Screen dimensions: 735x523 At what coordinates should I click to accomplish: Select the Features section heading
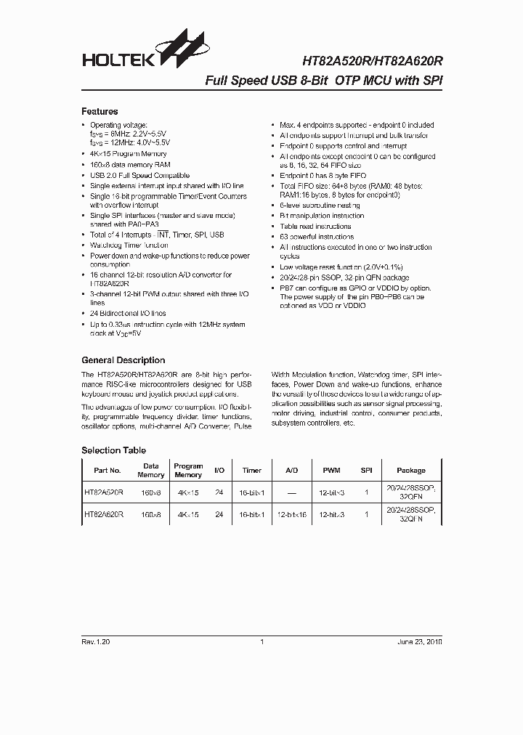(x=100, y=112)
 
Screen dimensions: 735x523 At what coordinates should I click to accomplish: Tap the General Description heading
(x=123, y=360)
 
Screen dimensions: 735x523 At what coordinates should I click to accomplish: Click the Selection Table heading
(x=113, y=450)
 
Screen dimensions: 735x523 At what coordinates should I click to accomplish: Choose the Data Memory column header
(x=151, y=471)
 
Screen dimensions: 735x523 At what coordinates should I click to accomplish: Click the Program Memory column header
(x=188, y=471)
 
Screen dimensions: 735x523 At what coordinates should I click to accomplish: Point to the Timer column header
(x=251, y=471)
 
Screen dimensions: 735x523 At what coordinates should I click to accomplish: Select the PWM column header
(x=331, y=471)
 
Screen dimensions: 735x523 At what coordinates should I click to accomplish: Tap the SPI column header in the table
(x=367, y=471)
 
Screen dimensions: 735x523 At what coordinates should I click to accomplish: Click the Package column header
(x=411, y=471)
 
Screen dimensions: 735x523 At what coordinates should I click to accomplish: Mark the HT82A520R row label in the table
(x=104, y=492)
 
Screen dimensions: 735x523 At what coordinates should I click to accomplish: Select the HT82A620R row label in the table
(x=104, y=514)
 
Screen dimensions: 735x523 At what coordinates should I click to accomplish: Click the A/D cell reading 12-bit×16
(x=291, y=514)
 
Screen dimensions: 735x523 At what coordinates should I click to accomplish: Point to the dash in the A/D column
(x=291, y=492)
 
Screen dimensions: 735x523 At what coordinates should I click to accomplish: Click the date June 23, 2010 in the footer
(x=419, y=643)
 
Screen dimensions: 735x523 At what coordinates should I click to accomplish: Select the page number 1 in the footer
(x=261, y=643)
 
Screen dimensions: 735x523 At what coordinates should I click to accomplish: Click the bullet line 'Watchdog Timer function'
(x=129, y=245)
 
